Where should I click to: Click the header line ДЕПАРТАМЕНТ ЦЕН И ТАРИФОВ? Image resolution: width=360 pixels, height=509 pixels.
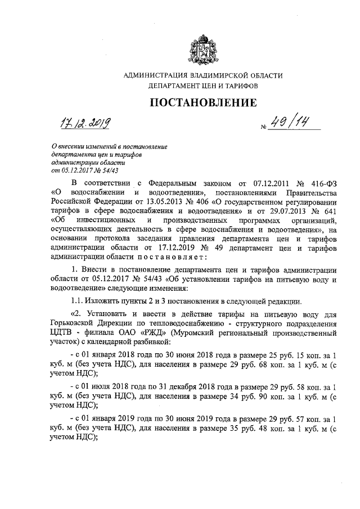(203, 87)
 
